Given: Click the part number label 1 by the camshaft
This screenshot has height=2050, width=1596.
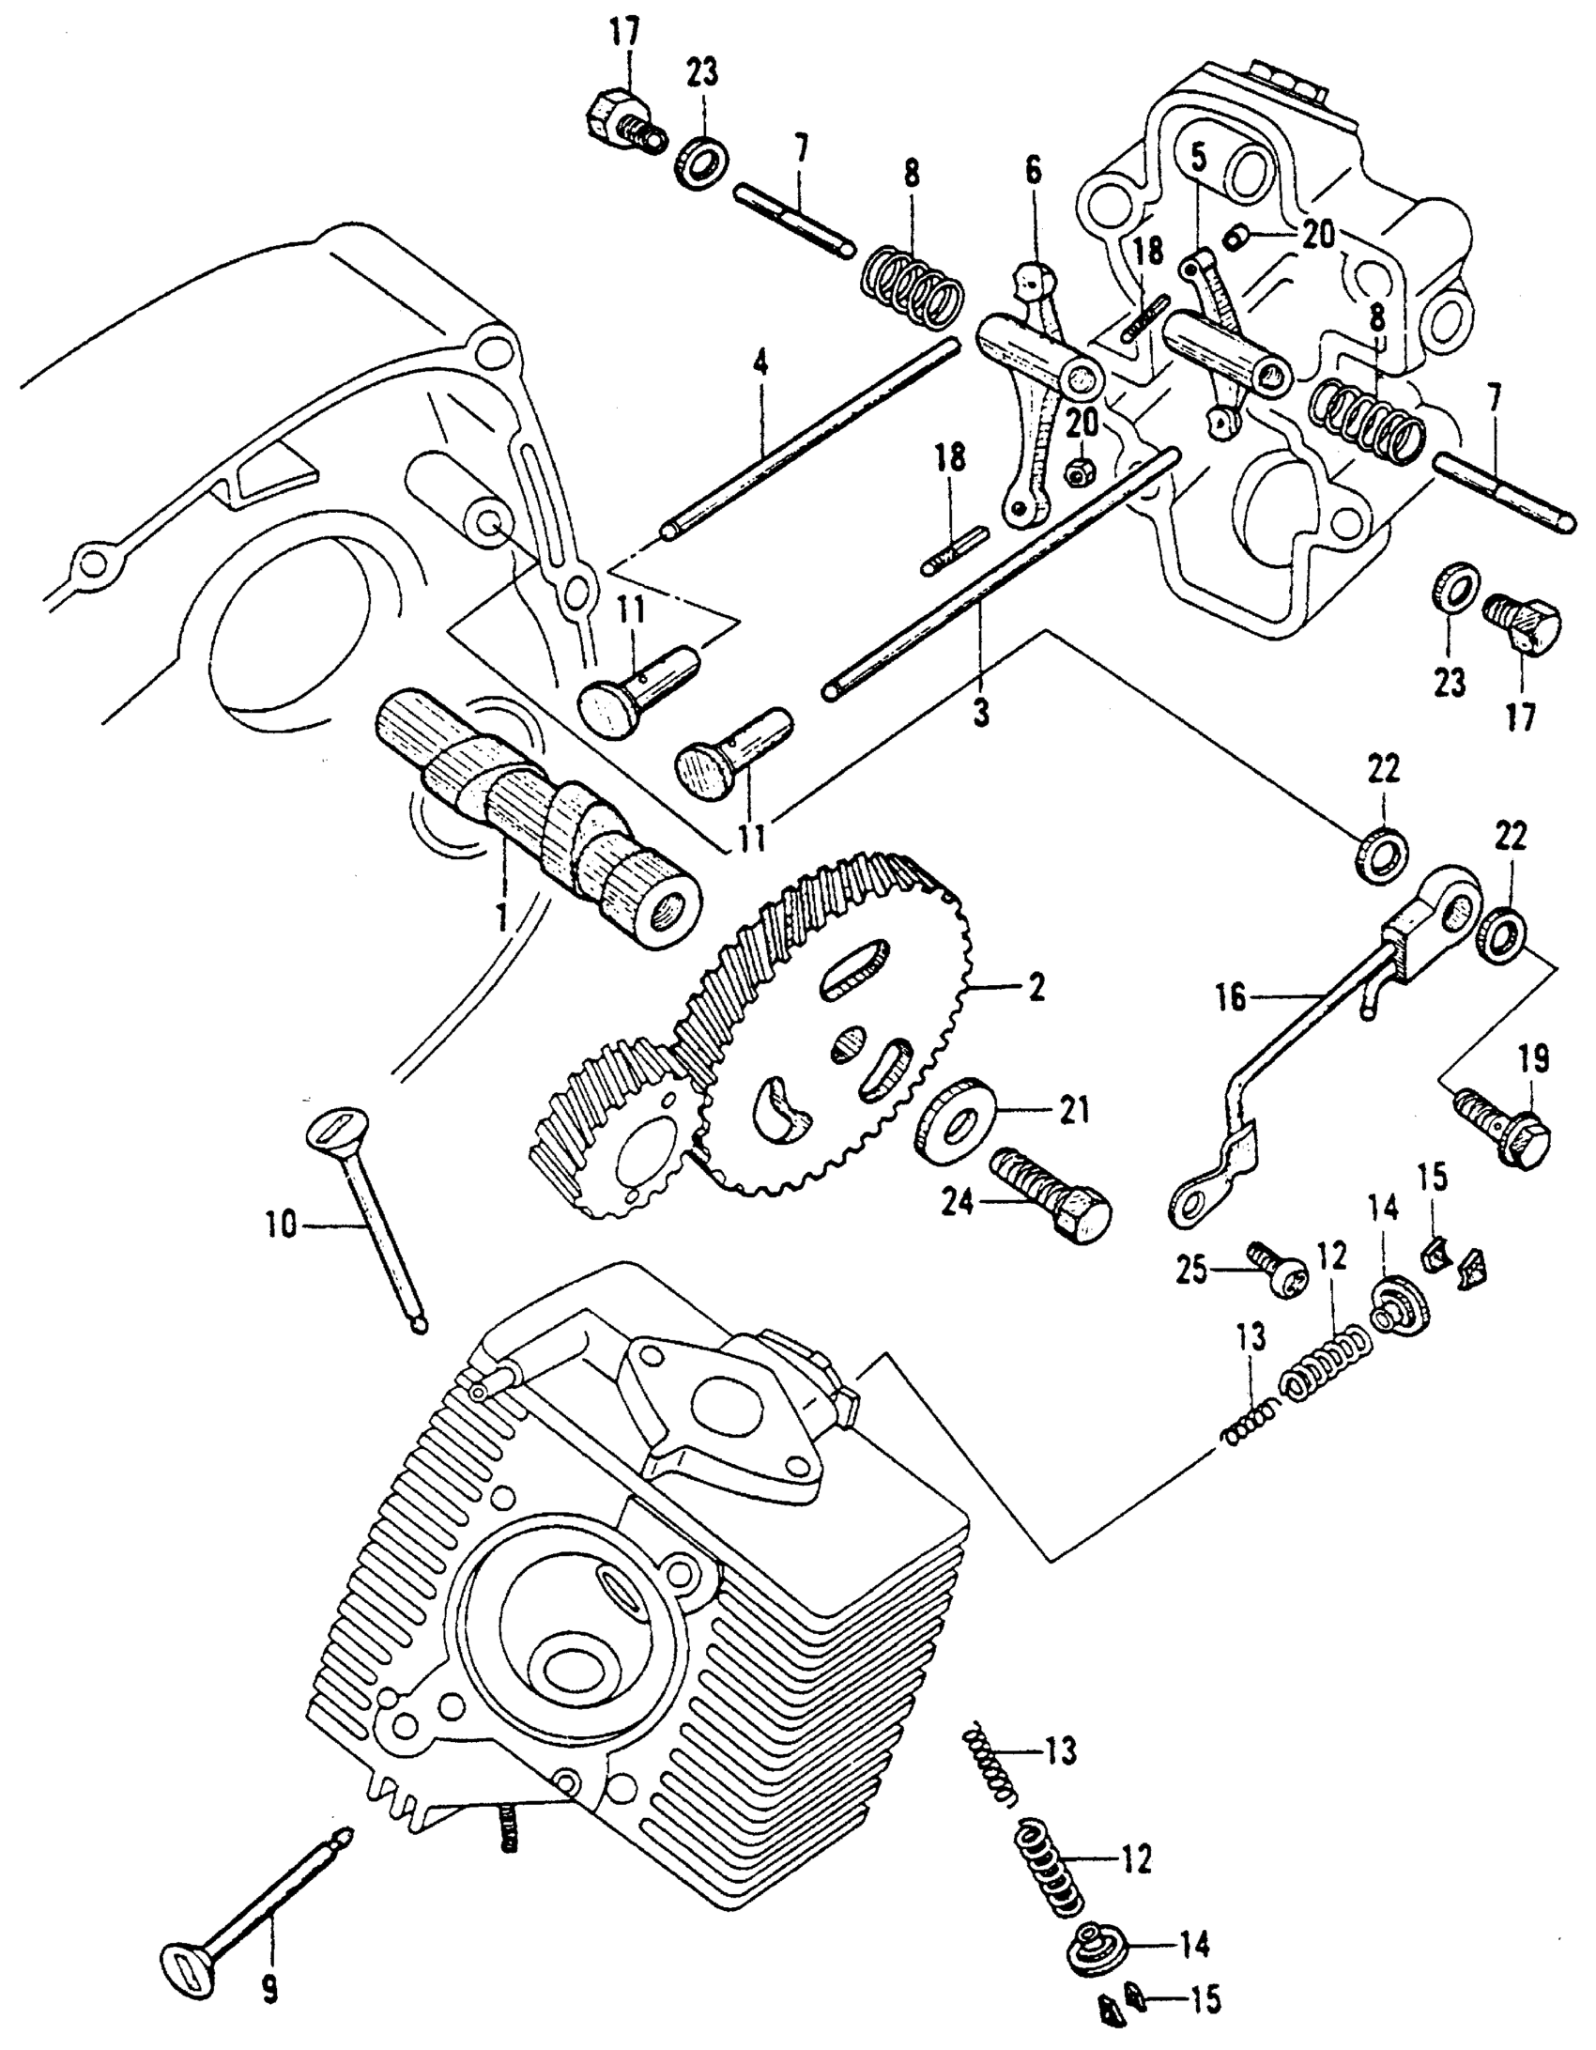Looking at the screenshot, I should pos(501,912).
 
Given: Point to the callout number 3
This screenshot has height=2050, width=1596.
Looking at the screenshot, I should pos(980,714).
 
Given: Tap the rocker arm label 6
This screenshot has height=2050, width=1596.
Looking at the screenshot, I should pos(1033,170).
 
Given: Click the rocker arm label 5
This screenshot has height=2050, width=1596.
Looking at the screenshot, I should pos(1197,156).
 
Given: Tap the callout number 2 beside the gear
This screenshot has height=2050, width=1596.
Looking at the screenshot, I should pos(1035,988).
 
